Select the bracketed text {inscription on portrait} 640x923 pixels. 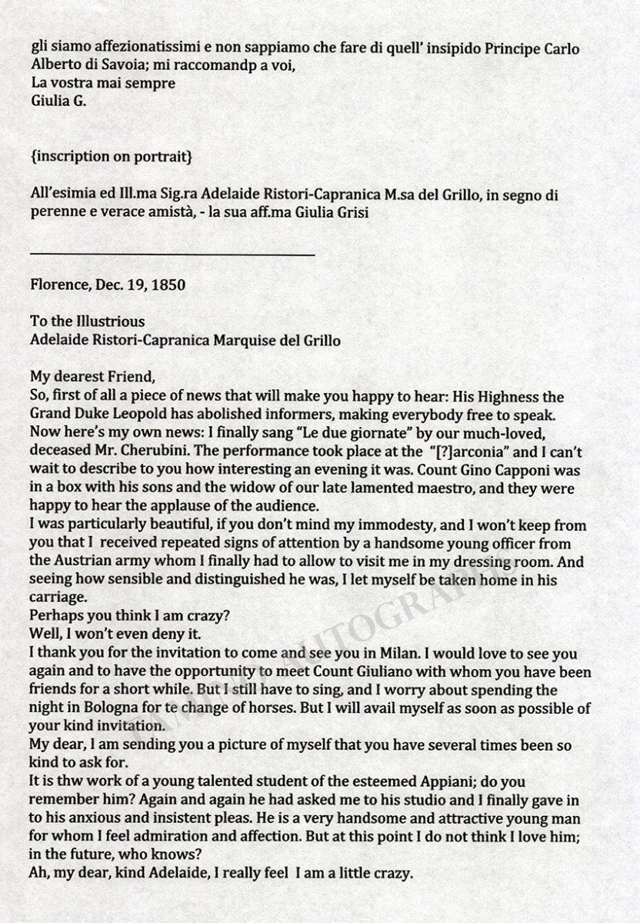click(x=111, y=158)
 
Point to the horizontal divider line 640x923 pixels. click(x=172, y=253)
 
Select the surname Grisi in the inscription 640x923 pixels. click(x=352, y=214)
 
